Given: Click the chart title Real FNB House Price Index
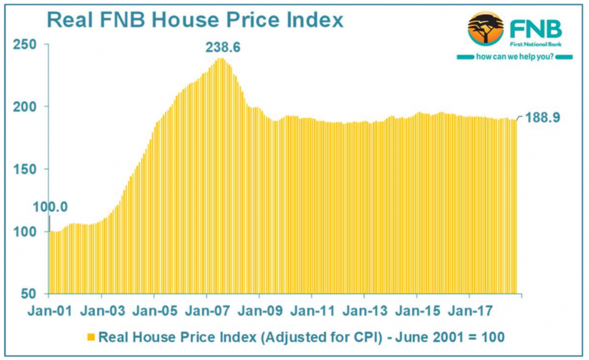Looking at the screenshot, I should [194, 21].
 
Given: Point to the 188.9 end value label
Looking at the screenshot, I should [542, 117].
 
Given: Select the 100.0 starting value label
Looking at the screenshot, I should [51, 207].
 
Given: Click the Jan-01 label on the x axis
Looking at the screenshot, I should [50, 310].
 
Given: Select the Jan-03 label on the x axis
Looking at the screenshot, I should [102, 310].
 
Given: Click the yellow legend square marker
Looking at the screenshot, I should [91, 337].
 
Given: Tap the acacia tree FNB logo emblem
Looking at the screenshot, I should [486, 28].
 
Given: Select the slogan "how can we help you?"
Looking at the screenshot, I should [514, 57].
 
